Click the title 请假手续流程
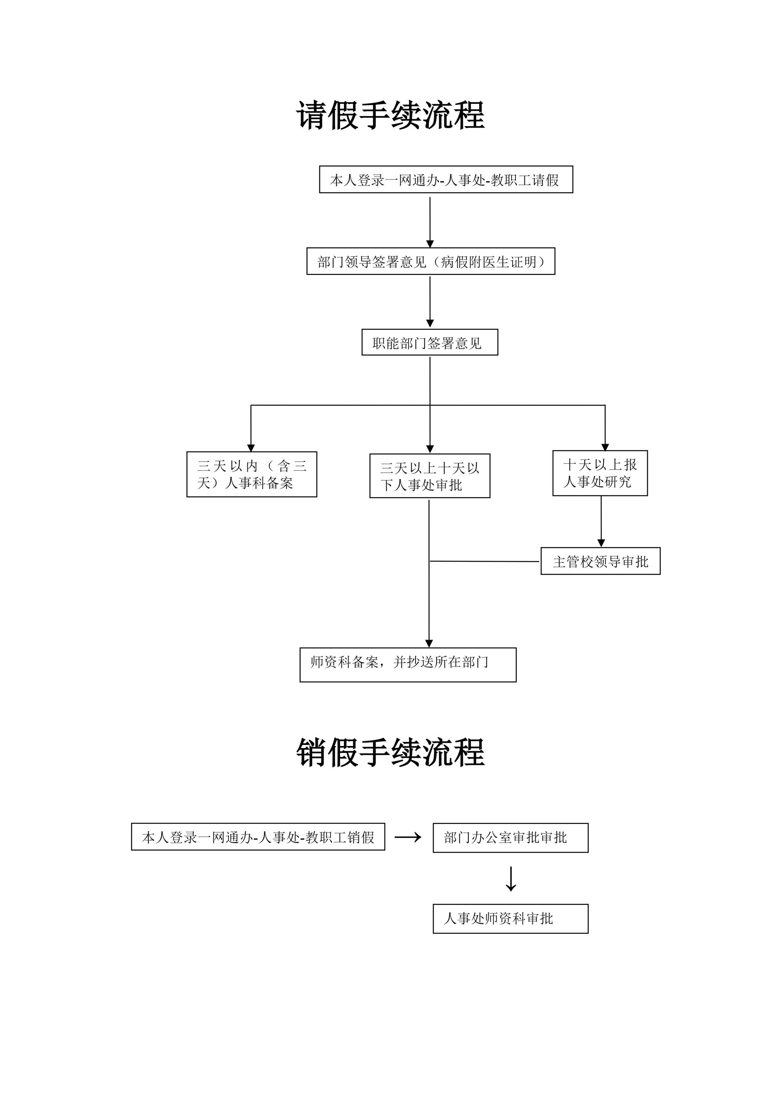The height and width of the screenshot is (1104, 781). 390,115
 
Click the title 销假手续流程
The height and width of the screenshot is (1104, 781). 390,753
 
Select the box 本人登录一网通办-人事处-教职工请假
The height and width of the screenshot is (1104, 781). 446,179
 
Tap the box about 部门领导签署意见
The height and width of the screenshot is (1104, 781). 430,261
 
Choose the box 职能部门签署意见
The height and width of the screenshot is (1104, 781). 429,343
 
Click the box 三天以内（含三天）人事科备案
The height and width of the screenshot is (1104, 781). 252,474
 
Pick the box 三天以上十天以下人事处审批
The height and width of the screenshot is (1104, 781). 429,476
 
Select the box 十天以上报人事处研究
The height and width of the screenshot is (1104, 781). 600,473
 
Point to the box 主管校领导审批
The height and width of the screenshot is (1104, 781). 600,561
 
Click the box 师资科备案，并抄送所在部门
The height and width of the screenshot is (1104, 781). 408,665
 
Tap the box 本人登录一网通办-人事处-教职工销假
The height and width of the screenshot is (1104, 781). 258,837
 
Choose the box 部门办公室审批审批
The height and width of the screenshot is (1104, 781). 510,837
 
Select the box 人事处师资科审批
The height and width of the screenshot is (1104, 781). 510,918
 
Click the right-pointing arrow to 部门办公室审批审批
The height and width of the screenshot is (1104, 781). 408,837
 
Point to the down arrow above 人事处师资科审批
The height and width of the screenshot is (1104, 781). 511,878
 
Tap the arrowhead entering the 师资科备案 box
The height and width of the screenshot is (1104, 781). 429,644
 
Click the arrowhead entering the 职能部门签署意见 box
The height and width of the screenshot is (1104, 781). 430,324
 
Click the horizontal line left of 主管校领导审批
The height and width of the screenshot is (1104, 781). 484,561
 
